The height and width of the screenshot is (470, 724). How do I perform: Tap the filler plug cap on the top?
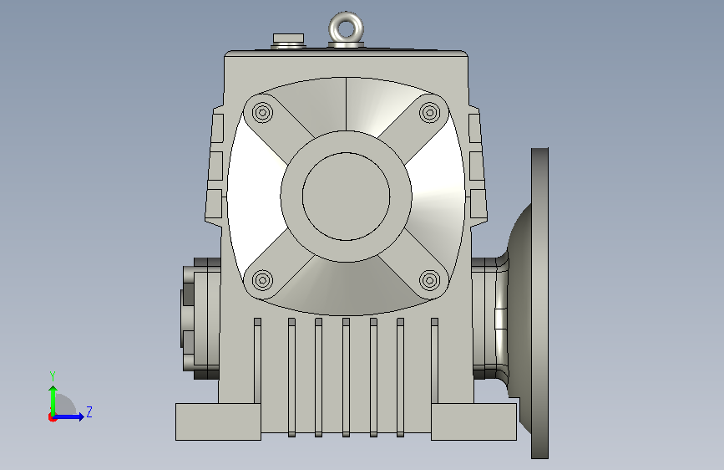tap(289, 38)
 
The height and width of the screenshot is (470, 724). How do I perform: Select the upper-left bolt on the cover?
tap(263, 112)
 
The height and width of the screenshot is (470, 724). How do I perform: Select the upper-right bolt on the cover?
tap(430, 112)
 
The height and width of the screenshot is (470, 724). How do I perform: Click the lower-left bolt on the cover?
tap(263, 280)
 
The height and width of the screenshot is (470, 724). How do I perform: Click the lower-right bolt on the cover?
tap(430, 280)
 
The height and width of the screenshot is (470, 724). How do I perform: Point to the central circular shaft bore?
tap(347, 197)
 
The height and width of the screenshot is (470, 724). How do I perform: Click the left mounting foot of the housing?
tap(218, 421)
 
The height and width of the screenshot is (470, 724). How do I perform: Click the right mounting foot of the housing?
tap(473, 421)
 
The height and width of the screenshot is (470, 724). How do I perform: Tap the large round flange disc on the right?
tap(539, 304)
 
